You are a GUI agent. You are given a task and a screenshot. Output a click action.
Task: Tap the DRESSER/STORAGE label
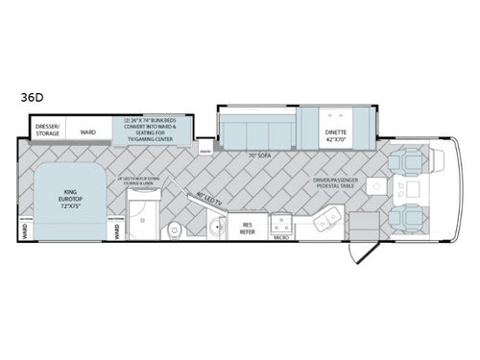point(49,130)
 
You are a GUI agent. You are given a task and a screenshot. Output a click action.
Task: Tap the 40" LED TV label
point(207,199)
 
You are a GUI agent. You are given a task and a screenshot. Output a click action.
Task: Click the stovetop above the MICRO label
point(283,220)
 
